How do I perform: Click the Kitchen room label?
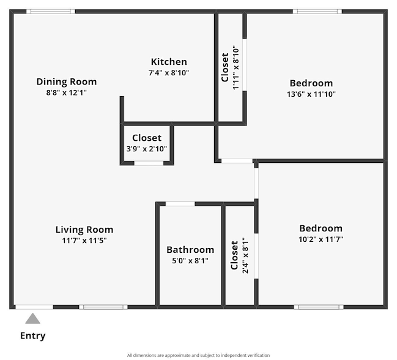pos(169,62)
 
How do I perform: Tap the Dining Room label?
pos(67,81)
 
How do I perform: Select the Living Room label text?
pos(84,230)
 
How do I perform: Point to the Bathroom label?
pos(190,250)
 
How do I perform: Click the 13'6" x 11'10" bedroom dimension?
pos(311,94)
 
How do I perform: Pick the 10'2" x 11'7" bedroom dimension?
pos(321,239)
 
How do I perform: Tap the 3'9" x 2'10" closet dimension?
pos(147,149)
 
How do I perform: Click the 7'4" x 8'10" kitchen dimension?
pos(169,73)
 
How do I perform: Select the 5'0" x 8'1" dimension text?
pos(190,261)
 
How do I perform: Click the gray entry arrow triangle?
pos(32,319)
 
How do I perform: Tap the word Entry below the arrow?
pos(32,336)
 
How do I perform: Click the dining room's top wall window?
pos(51,12)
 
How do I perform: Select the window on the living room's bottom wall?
pos(103,307)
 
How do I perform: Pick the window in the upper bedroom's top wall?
pos(317,12)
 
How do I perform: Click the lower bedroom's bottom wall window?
pos(319,307)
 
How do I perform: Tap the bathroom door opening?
pos(180,204)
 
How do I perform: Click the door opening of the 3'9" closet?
pos(149,163)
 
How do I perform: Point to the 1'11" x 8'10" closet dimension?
pos(236,67)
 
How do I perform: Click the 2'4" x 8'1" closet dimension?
pos(245,256)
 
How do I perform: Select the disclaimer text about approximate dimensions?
pos(198,356)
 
